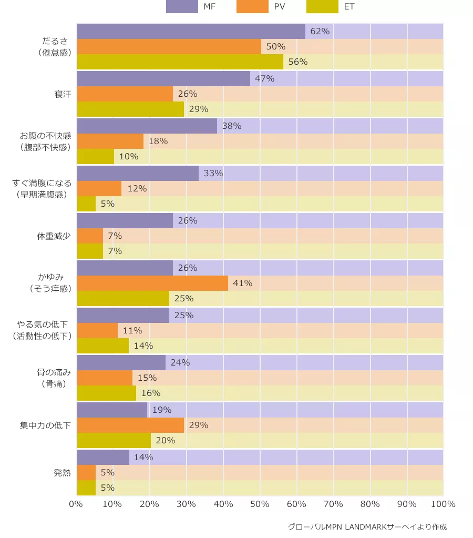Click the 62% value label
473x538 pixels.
320,32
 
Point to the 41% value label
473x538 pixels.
242,283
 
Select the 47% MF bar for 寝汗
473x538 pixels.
163,79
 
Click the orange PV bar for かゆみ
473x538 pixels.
152,283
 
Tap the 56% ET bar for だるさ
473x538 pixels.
180,62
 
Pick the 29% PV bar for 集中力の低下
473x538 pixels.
130,425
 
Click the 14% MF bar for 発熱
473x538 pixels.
102,457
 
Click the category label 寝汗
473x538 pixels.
62,94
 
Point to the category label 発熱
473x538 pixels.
62,472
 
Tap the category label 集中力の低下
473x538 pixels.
45,425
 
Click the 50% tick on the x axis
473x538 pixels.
260,504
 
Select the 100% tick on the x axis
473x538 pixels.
443,504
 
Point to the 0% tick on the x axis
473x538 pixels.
76,504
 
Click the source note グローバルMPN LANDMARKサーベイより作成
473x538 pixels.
367,526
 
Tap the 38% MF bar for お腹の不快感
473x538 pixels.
147,126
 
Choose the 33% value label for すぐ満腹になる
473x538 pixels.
213,173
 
